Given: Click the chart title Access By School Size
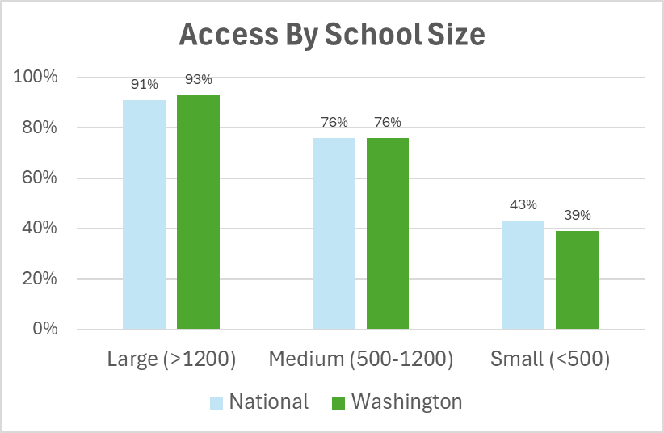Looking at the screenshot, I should [331, 35].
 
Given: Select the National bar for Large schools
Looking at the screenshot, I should [144, 214].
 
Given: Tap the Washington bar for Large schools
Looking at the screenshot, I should [198, 212].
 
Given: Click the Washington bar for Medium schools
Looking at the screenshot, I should [387, 233].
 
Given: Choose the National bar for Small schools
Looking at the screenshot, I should [523, 275].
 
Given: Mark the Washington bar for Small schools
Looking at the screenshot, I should [577, 280].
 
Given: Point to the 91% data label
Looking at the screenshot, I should [144, 84].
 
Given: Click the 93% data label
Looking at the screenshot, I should [198, 79].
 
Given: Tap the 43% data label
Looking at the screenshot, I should [523, 205].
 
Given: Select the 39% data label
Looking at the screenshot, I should [577, 215].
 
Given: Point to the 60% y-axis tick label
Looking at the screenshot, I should [39, 179].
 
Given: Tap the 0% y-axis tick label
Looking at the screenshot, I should [44, 329].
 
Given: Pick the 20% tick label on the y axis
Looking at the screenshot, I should [39, 279].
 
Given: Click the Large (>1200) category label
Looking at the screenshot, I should [171, 359].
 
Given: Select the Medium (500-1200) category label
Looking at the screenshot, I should [360, 359].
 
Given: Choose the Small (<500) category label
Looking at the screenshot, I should [550, 359].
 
